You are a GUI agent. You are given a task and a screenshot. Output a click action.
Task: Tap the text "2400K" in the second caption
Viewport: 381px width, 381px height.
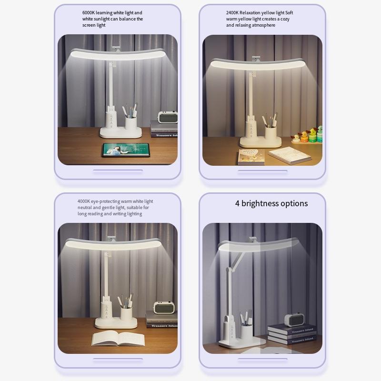point(234,13)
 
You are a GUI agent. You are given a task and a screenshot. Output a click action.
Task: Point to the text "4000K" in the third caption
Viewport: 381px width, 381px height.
point(85,201)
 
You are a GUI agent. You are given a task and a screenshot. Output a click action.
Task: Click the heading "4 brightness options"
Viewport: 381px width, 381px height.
point(271,203)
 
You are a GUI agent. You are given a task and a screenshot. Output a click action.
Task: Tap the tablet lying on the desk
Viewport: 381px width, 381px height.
point(125,150)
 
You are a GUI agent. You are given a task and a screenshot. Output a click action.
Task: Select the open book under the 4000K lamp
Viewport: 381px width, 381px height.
point(118,339)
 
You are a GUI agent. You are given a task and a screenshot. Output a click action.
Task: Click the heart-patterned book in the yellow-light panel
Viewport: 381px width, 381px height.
point(251,156)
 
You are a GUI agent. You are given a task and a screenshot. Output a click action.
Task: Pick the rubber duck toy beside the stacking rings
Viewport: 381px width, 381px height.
point(296,138)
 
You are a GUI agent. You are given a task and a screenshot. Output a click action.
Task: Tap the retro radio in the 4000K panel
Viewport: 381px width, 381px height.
point(163,308)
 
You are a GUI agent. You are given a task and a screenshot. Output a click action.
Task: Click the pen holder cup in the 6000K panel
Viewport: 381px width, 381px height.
point(130,123)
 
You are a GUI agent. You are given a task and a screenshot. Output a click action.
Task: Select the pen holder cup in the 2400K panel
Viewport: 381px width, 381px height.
point(271,132)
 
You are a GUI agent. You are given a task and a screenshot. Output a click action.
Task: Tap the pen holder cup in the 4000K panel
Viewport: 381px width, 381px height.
point(126,313)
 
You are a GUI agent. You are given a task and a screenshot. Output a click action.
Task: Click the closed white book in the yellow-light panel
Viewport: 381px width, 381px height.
point(289,155)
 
